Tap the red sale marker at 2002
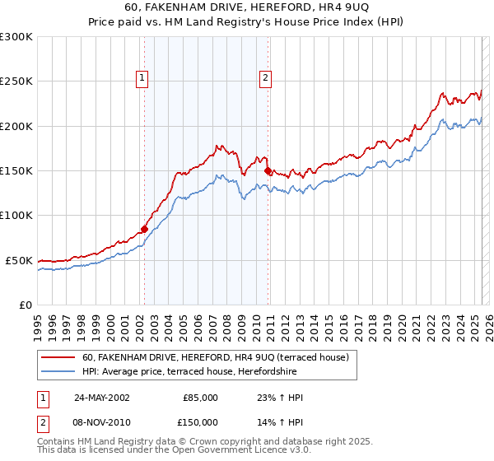pos(144,229)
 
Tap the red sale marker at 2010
pos(268,171)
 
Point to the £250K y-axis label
pos(16,81)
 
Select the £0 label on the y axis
pos(25,305)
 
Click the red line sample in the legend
pos(59,357)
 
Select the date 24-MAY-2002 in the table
pos(101,398)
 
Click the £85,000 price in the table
pos(200,398)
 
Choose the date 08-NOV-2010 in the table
pos(101,421)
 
